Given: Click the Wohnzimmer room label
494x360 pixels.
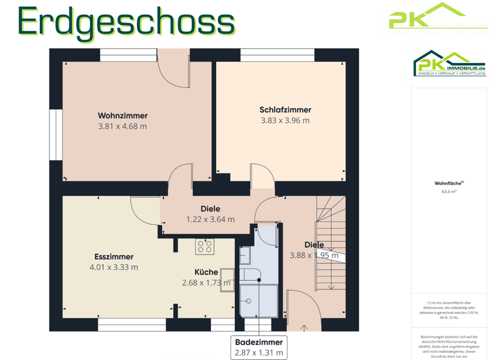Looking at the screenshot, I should pyautogui.click(x=122, y=116).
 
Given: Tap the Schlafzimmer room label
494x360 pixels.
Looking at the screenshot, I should pyautogui.click(x=285, y=109).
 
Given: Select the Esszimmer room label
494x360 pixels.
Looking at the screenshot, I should pyautogui.click(x=113, y=256).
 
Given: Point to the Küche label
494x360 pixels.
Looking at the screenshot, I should pyautogui.click(x=206, y=272).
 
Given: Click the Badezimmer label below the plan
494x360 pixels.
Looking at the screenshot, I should pyautogui.click(x=259, y=343).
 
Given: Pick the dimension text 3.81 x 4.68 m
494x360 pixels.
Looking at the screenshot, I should pyautogui.click(x=122, y=127).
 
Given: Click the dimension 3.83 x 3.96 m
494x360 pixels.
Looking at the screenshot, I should pyautogui.click(x=285, y=120).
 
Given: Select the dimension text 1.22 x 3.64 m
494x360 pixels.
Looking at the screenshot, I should pyautogui.click(x=210, y=219).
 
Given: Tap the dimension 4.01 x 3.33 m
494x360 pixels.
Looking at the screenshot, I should pyautogui.click(x=113, y=267).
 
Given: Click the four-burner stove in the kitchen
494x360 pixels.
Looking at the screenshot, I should pyautogui.click(x=205, y=248).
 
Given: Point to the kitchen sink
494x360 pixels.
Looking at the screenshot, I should pyautogui.click(x=226, y=280).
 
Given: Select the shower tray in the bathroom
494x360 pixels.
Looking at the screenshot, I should pyautogui.click(x=257, y=300).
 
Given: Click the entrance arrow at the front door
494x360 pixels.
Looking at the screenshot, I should pyautogui.click(x=304, y=328).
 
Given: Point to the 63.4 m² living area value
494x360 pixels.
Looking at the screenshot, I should pyautogui.click(x=449, y=192).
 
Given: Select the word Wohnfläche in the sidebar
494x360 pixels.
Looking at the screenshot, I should pyautogui.click(x=448, y=183).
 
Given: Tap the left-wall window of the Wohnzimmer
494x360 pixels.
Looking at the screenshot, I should pyautogui.click(x=53, y=134).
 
